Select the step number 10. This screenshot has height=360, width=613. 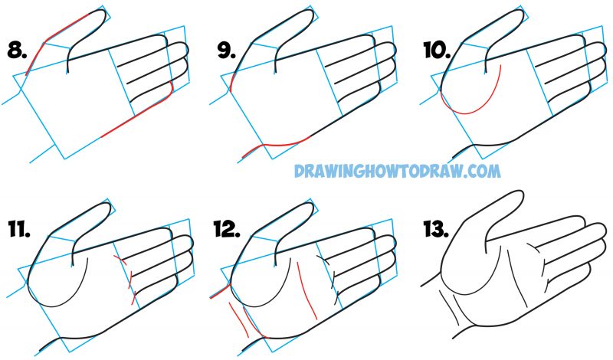pos(436,51)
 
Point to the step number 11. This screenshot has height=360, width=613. pos(17,228)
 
